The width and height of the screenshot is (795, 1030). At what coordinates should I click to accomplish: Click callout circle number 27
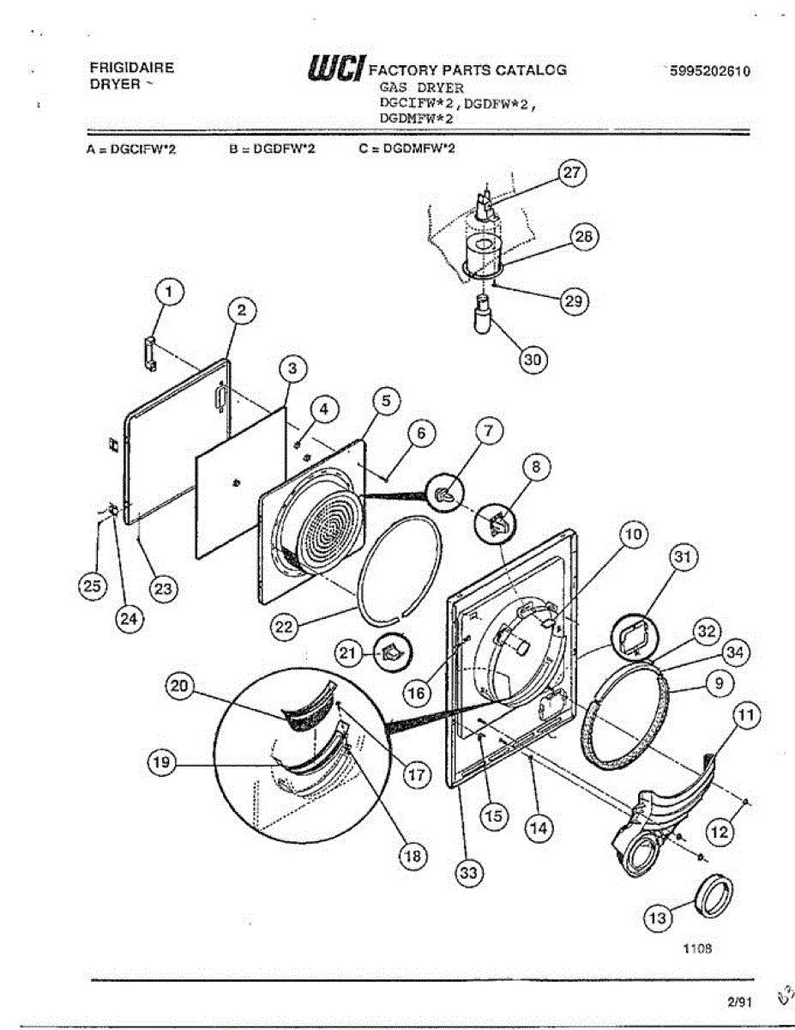(571, 173)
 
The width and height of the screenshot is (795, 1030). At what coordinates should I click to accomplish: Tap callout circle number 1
(168, 294)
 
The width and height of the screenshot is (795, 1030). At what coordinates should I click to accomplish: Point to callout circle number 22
(283, 627)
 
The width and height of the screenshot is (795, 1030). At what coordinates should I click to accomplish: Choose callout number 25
(90, 587)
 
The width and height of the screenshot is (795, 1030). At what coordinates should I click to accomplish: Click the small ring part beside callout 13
(713, 895)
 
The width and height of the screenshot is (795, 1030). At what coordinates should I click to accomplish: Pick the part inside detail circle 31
(632, 638)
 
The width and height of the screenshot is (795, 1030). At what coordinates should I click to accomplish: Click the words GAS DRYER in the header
(421, 88)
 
